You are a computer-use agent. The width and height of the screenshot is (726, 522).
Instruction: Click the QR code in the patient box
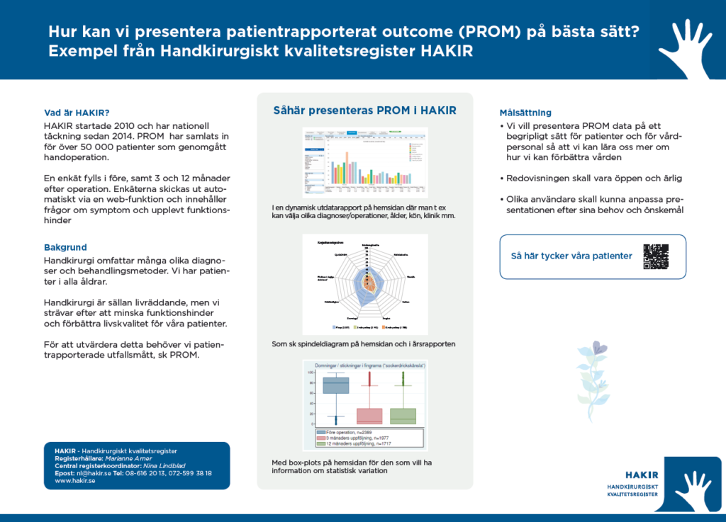(x=656, y=256)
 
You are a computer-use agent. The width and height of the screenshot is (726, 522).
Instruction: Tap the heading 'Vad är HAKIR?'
(x=77, y=113)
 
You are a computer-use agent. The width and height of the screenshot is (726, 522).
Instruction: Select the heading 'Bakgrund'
(x=65, y=247)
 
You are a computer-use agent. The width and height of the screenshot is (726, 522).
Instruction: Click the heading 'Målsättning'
(x=525, y=113)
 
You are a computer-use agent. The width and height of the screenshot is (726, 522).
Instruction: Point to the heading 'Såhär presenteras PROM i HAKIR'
(x=365, y=110)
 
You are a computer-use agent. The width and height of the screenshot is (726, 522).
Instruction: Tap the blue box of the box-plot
(x=335, y=385)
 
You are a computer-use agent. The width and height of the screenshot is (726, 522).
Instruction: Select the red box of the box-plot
(x=369, y=416)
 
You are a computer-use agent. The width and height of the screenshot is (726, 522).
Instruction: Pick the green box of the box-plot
(x=403, y=416)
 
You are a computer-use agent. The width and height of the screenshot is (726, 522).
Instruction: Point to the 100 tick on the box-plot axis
(x=311, y=373)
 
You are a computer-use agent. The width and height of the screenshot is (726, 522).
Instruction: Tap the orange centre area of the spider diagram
(x=368, y=285)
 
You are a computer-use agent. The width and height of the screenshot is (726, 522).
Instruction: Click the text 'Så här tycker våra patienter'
(x=571, y=256)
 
